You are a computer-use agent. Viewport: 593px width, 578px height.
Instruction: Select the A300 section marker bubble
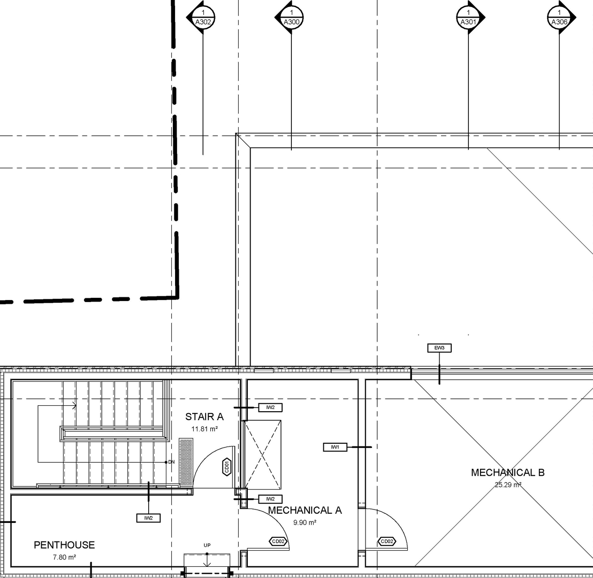[291, 18]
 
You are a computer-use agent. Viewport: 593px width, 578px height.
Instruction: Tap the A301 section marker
[468, 18]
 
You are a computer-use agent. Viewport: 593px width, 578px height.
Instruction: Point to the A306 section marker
[559, 18]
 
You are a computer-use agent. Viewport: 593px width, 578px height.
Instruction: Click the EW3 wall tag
[439, 348]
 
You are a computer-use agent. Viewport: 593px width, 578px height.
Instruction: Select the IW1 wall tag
[335, 447]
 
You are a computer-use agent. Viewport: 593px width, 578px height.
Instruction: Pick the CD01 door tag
[227, 467]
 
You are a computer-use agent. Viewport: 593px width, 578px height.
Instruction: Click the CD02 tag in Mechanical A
[278, 541]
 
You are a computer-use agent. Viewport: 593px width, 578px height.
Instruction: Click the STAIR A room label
[204, 417]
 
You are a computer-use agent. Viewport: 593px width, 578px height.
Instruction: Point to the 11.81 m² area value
[204, 429]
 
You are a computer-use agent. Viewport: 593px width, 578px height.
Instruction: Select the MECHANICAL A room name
[305, 510]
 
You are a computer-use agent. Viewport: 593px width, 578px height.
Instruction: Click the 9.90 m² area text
[305, 522]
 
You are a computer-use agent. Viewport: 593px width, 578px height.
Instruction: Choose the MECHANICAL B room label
[508, 472]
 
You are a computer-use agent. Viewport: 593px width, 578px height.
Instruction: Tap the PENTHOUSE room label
[64, 545]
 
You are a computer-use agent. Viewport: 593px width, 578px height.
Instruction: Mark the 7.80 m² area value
[64, 557]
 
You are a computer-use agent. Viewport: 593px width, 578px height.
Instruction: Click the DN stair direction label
[171, 462]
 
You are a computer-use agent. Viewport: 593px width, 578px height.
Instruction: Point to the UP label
[207, 545]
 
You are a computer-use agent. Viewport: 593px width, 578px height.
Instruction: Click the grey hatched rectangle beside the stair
[186, 462]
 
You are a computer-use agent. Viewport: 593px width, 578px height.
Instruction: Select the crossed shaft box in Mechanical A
[263, 454]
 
